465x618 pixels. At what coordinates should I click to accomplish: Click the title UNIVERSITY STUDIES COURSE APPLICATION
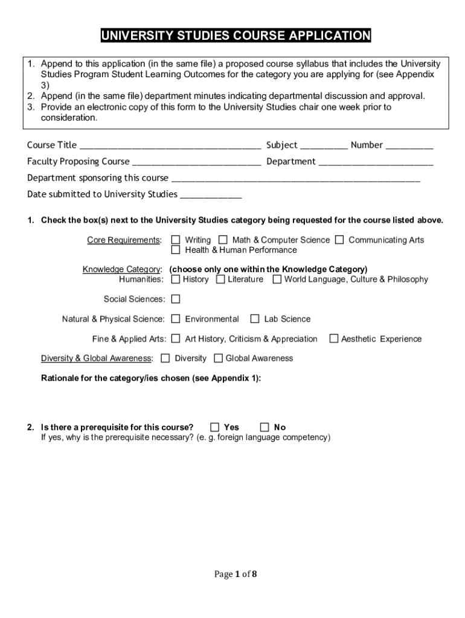236,36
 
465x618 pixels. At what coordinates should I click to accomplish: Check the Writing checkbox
176,240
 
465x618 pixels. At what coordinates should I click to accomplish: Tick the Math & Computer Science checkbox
223,240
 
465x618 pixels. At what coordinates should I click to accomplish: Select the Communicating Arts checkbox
339,240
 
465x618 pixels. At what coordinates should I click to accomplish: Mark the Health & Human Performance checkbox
176,250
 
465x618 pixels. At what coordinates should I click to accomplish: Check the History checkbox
176,279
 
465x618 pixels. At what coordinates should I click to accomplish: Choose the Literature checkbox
220,279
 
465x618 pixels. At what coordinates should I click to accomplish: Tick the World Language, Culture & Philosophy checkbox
277,279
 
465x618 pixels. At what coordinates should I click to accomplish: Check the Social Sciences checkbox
176,299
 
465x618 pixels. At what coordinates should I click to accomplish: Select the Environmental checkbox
176,319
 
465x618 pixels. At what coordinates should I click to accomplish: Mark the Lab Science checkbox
255,319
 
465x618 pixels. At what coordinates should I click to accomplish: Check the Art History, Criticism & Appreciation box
176,339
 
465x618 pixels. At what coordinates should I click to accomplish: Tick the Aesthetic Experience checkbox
333,339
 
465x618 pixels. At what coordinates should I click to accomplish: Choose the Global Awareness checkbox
218,358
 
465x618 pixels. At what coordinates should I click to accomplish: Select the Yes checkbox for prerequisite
215,427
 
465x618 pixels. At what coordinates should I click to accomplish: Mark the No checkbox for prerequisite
265,427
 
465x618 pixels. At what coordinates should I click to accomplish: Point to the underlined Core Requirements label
124,240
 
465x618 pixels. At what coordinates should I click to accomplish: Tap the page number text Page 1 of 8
236,574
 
